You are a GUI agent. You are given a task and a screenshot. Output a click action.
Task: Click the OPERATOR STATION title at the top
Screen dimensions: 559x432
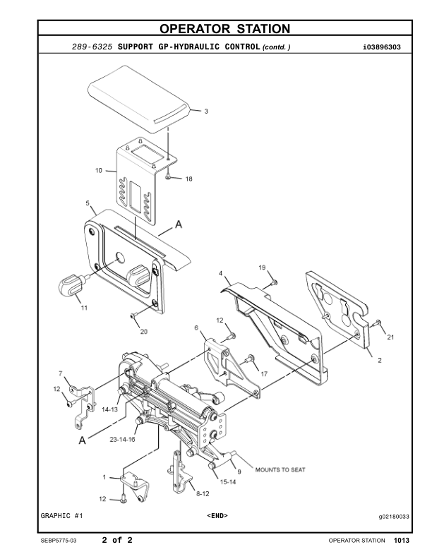click(224, 29)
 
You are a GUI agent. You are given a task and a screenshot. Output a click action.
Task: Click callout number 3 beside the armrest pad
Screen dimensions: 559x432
click(206, 112)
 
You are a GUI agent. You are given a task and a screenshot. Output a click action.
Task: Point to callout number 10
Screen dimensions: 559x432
click(99, 170)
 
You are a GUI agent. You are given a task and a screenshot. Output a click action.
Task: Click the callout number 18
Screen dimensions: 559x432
click(188, 179)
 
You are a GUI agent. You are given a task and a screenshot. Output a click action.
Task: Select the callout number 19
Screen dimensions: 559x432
click(261, 268)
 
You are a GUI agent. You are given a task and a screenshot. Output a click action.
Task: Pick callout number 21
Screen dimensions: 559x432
click(390, 337)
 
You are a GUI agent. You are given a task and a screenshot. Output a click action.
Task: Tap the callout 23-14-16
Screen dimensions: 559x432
click(122, 439)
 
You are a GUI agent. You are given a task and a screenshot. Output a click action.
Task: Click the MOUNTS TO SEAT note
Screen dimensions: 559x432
click(280, 469)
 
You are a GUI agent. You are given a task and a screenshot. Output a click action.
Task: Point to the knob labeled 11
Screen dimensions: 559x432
click(71, 285)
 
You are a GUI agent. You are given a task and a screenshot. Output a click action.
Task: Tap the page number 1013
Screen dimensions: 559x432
click(402, 541)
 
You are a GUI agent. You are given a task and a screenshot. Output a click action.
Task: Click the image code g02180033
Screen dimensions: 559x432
click(394, 516)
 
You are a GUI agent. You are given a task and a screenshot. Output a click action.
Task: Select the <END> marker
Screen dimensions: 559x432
click(217, 516)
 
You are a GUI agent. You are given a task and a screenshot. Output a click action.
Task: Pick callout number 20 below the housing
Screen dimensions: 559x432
click(143, 331)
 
